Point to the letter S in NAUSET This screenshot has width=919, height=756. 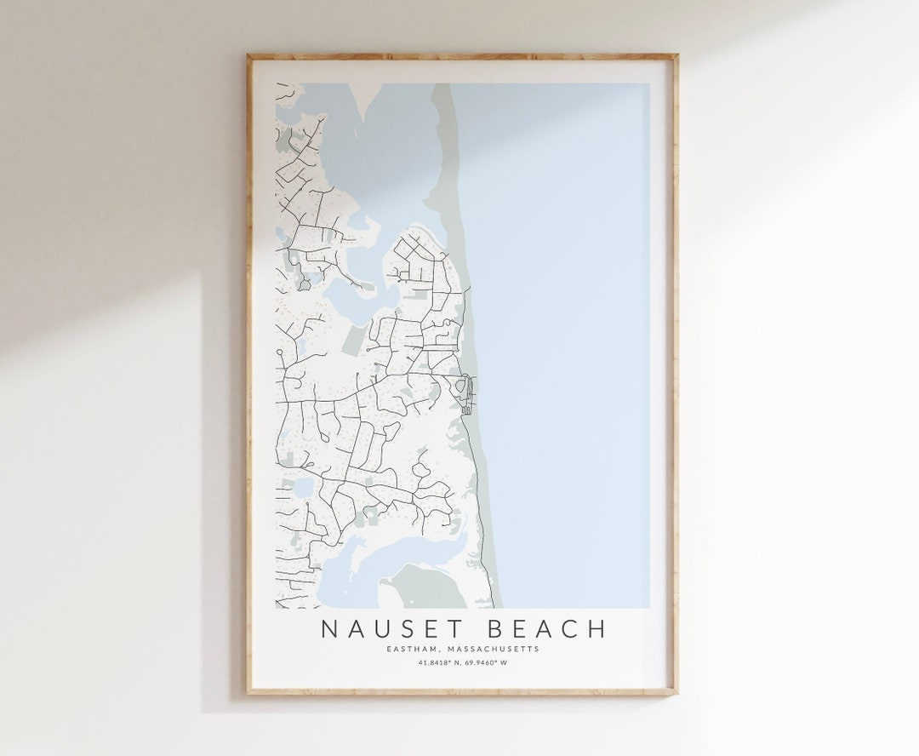point(401,629)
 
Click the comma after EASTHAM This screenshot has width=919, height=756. point(452,650)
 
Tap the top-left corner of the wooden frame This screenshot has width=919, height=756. point(248,56)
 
